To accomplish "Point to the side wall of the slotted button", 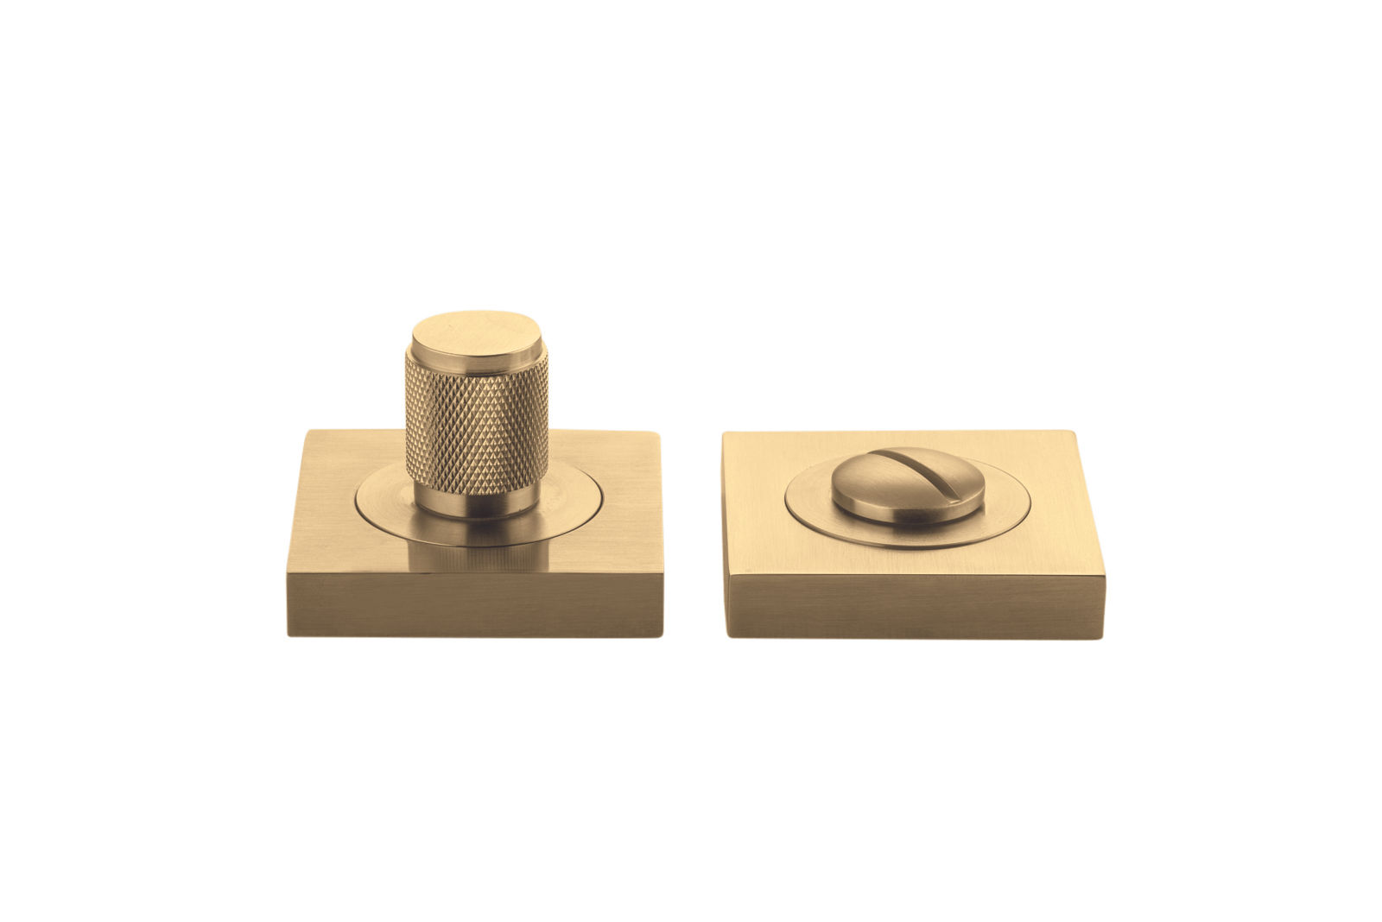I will point(907,510).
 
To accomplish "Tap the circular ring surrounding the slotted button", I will point(993,518).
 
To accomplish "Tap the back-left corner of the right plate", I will point(724,433).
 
